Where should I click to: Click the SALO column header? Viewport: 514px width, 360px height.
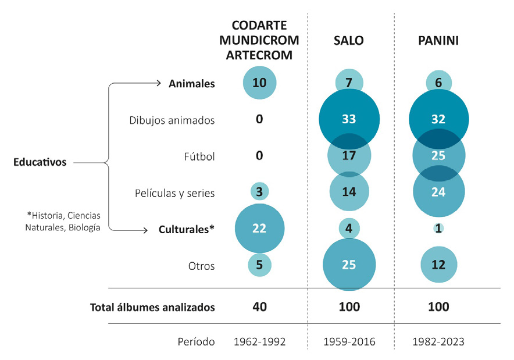[349, 41]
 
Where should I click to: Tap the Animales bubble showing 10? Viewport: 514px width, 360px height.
[259, 83]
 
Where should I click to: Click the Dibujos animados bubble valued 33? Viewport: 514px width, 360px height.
[349, 119]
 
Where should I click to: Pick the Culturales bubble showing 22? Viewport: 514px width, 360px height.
[259, 229]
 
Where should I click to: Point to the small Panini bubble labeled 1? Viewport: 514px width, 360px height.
[438, 229]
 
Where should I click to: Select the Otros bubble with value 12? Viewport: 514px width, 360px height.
[438, 265]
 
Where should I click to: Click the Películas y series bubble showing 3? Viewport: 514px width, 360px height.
[259, 192]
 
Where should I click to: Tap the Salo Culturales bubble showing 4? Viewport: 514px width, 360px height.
[349, 229]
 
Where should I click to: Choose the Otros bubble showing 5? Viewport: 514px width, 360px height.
[259, 265]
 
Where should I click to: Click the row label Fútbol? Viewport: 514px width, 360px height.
[199, 156]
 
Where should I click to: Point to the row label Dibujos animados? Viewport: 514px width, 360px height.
[172, 120]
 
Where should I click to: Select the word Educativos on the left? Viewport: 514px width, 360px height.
[40, 162]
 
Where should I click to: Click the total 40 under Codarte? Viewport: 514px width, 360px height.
[259, 306]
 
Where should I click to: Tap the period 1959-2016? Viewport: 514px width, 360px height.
[349, 341]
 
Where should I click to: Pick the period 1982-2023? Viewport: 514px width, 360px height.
[438, 341]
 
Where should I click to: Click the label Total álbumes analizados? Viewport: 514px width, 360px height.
[152, 307]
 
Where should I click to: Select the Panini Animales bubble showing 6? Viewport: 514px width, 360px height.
[438, 83]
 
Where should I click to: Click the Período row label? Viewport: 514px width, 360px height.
[196, 341]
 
